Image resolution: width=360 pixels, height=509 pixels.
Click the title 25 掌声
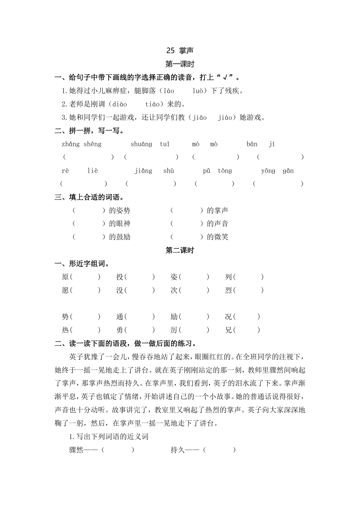[x=180, y=50]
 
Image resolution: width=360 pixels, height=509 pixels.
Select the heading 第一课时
[x=180, y=64]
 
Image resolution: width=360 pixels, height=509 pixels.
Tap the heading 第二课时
[x=180, y=250]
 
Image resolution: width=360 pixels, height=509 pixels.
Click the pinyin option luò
[x=198, y=91]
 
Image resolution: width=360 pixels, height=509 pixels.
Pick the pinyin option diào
[x=119, y=104]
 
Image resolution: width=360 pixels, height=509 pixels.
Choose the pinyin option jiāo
[x=200, y=118]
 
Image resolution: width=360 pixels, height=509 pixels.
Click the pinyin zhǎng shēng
[x=82, y=144]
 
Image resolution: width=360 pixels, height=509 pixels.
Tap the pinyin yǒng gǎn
[x=277, y=171]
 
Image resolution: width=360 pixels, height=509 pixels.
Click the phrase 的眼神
[x=120, y=224]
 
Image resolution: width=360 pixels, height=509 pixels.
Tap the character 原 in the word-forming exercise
[x=65, y=277]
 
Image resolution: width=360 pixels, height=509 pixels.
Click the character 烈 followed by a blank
[x=229, y=290]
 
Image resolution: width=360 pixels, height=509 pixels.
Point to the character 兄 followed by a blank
[x=229, y=330]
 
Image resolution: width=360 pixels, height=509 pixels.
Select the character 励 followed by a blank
[x=174, y=317]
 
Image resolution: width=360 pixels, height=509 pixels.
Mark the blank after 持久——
[x=219, y=450]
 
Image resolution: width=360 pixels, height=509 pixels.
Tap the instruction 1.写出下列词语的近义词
[x=109, y=436]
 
